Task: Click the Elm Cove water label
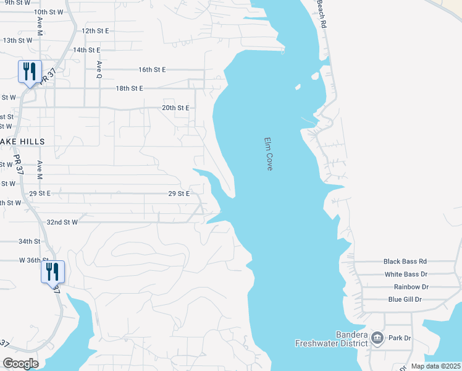pyautogui.click(x=268, y=154)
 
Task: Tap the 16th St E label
pyautogui.click(x=153, y=70)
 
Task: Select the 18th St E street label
pyautogui.click(x=129, y=88)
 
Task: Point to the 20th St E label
pyautogui.click(x=175, y=108)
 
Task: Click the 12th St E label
pyautogui.click(x=95, y=30)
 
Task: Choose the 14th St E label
pyautogui.click(x=86, y=50)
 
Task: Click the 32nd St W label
pyautogui.click(x=62, y=221)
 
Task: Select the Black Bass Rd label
pyautogui.click(x=405, y=262)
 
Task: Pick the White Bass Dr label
pyautogui.click(x=406, y=274)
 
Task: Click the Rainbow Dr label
pyautogui.click(x=411, y=287)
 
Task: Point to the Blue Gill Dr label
pyautogui.click(x=405, y=299)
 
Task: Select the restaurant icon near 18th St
pyautogui.click(x=29, y=72)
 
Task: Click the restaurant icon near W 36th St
pyautogui.click(x=52, y=271)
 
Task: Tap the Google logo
pyautogui.click(x=20, y=364)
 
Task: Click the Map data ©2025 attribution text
pyautogui.click(x=435, y=366)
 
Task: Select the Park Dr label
pyautogui.click(x=400, y=338)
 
